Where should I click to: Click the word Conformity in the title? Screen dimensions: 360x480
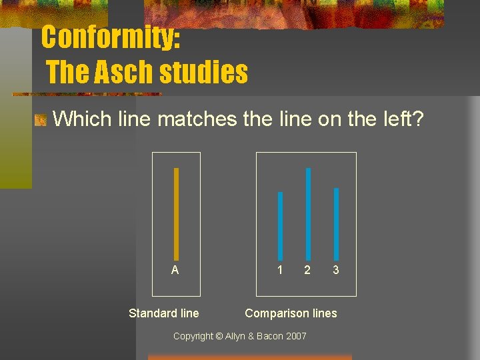(x=111, y=37)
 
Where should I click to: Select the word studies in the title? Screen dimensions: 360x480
(x=205, y=72)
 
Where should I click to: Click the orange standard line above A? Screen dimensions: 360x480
(x=176, y=213)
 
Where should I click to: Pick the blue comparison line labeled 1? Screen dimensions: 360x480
(x=280, y=225)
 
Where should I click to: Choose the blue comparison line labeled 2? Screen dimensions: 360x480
(x=308, y=213)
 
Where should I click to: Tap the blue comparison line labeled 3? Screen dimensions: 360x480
(x=336, y=223)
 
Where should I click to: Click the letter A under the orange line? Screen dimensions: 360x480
(x=175, y=270)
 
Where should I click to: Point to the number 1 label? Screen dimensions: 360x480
(x=280, y=270)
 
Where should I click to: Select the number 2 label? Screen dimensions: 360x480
(x=307, y=270)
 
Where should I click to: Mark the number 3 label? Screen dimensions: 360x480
(x=336, y=270)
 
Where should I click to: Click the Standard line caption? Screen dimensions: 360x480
(x=163, y=313)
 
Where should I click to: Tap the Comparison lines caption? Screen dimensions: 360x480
(x=291, y=313)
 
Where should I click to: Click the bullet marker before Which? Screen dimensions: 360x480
(x=41, y=121)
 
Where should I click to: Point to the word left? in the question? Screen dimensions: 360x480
(x=400, y=119)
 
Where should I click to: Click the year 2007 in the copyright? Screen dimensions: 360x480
(x=295, y=336)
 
